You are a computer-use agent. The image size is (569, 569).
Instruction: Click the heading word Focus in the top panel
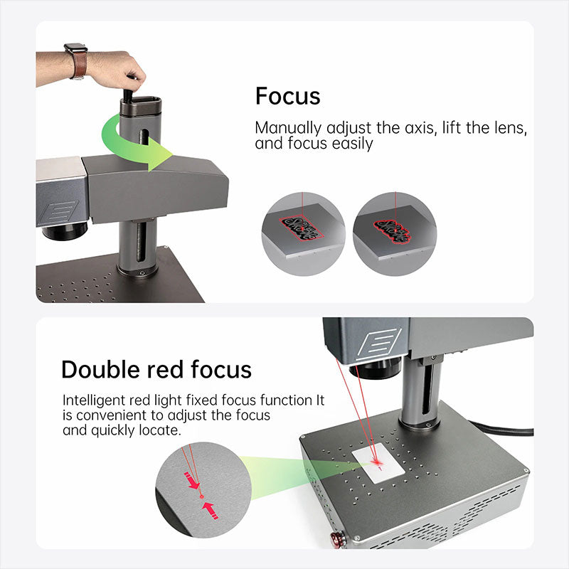pos(288,96)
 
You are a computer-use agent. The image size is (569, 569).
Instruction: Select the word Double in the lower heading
pos(100,370)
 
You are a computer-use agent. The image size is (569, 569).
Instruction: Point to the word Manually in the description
pos(288,129)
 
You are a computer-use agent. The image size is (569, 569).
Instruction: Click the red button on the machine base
pos(336,539)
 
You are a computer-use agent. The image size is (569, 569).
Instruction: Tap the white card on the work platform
pos(378,463)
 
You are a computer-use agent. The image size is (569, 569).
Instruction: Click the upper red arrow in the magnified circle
pos(192,481)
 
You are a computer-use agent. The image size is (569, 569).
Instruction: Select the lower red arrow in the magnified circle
pos(211,510)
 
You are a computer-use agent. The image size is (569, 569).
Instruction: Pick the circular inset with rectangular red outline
pos(304,234)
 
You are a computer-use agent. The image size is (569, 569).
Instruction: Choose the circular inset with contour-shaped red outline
pos(395,234)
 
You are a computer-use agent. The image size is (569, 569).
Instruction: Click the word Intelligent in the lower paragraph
pos(94,400)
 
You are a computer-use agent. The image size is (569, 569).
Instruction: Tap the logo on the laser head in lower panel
pos(380,344)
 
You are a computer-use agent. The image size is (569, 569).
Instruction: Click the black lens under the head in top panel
pos(65,230)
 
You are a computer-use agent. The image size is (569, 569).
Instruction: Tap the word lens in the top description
pos(510,128)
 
